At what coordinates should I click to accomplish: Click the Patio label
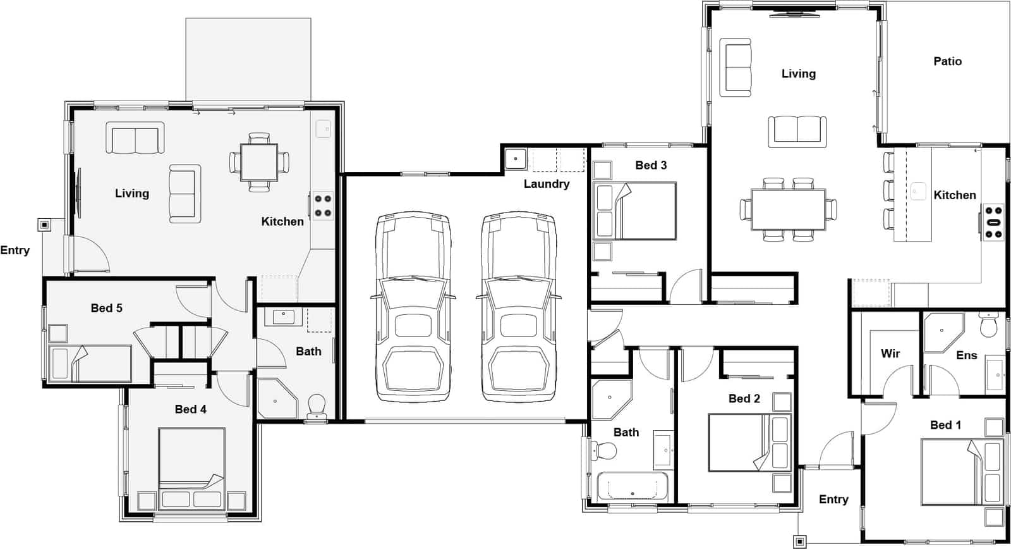click(947, 61)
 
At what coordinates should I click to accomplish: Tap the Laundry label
click(546, 184)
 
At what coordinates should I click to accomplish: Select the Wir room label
click(890, 354)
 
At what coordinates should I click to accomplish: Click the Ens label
click(966, 355)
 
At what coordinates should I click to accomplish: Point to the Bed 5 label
click(106, 308)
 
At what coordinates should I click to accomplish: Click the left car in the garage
click(414, 307)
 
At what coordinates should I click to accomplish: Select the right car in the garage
click(519, 307)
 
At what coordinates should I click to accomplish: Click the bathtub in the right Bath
click(632, 487)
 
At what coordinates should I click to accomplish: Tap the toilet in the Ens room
click(988, 326)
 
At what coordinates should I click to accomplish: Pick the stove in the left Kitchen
click(323, 206)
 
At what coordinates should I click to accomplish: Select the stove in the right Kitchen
click(993, 222)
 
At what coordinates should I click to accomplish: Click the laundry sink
click(515, 158)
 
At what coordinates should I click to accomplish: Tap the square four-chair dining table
click(259, 163)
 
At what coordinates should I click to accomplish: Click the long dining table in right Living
click(788, 209)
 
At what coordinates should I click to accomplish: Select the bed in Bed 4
click(191, 468)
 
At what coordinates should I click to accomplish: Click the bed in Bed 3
click(635, 211)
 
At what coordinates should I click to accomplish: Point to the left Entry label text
click(15, 250)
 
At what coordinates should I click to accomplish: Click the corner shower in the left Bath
click(276, 398)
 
